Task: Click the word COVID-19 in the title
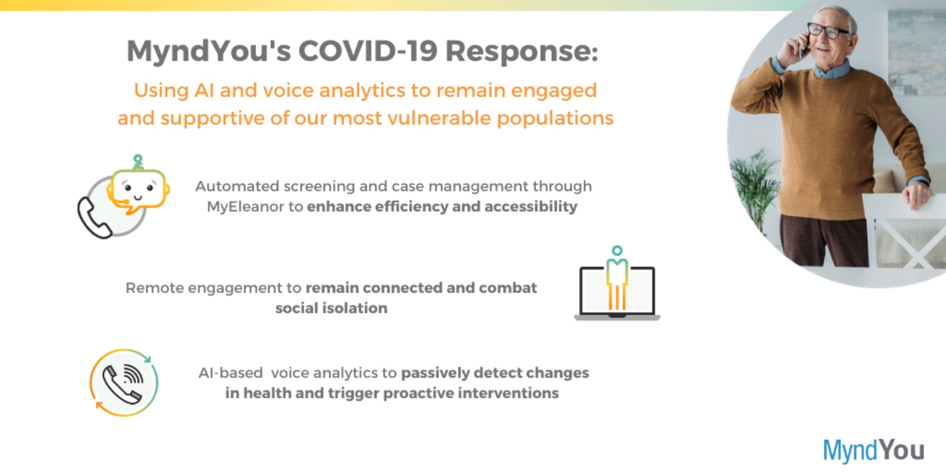(x=367, y=51)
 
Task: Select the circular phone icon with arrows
(x=124, y=383)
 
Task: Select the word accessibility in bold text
(x=530, y=206)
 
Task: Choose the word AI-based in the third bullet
(x=231, y=373)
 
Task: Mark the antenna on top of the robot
(x=138, y=162)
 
